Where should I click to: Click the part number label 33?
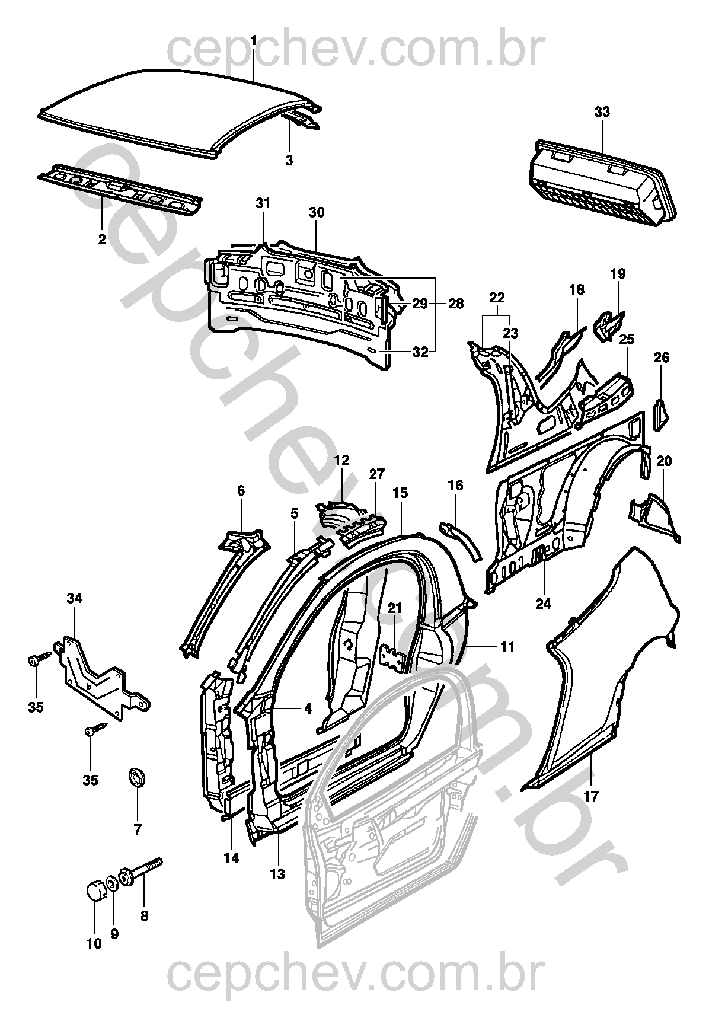coord(602,112)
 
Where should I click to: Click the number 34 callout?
coord(74,598)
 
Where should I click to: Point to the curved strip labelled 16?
coord(462,537)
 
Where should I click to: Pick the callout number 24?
coord(543,604)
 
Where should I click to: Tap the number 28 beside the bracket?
coord(455,304)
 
